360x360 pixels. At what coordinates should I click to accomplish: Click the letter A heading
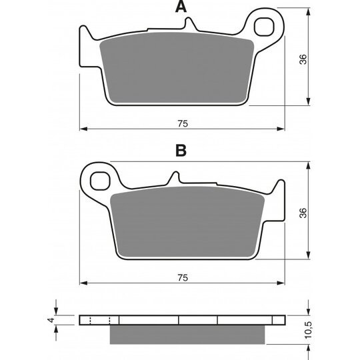tap(181, 7)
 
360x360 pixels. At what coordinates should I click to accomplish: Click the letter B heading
tap(181, 151)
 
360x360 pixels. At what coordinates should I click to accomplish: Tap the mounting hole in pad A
tap(264, 27)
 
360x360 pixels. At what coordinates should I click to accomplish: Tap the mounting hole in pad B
tap(100, 181)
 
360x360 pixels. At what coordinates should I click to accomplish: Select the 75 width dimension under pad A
tap(183, 124)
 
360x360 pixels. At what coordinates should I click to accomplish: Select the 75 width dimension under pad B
tap(183, 278)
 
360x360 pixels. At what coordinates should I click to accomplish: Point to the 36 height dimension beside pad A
tap(303, 59)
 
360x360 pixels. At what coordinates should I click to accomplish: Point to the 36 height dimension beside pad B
tap(303, 213)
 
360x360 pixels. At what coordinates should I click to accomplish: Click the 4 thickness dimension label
tap(52, 320)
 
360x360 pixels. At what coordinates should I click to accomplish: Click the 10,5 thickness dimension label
tap(309, 330)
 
